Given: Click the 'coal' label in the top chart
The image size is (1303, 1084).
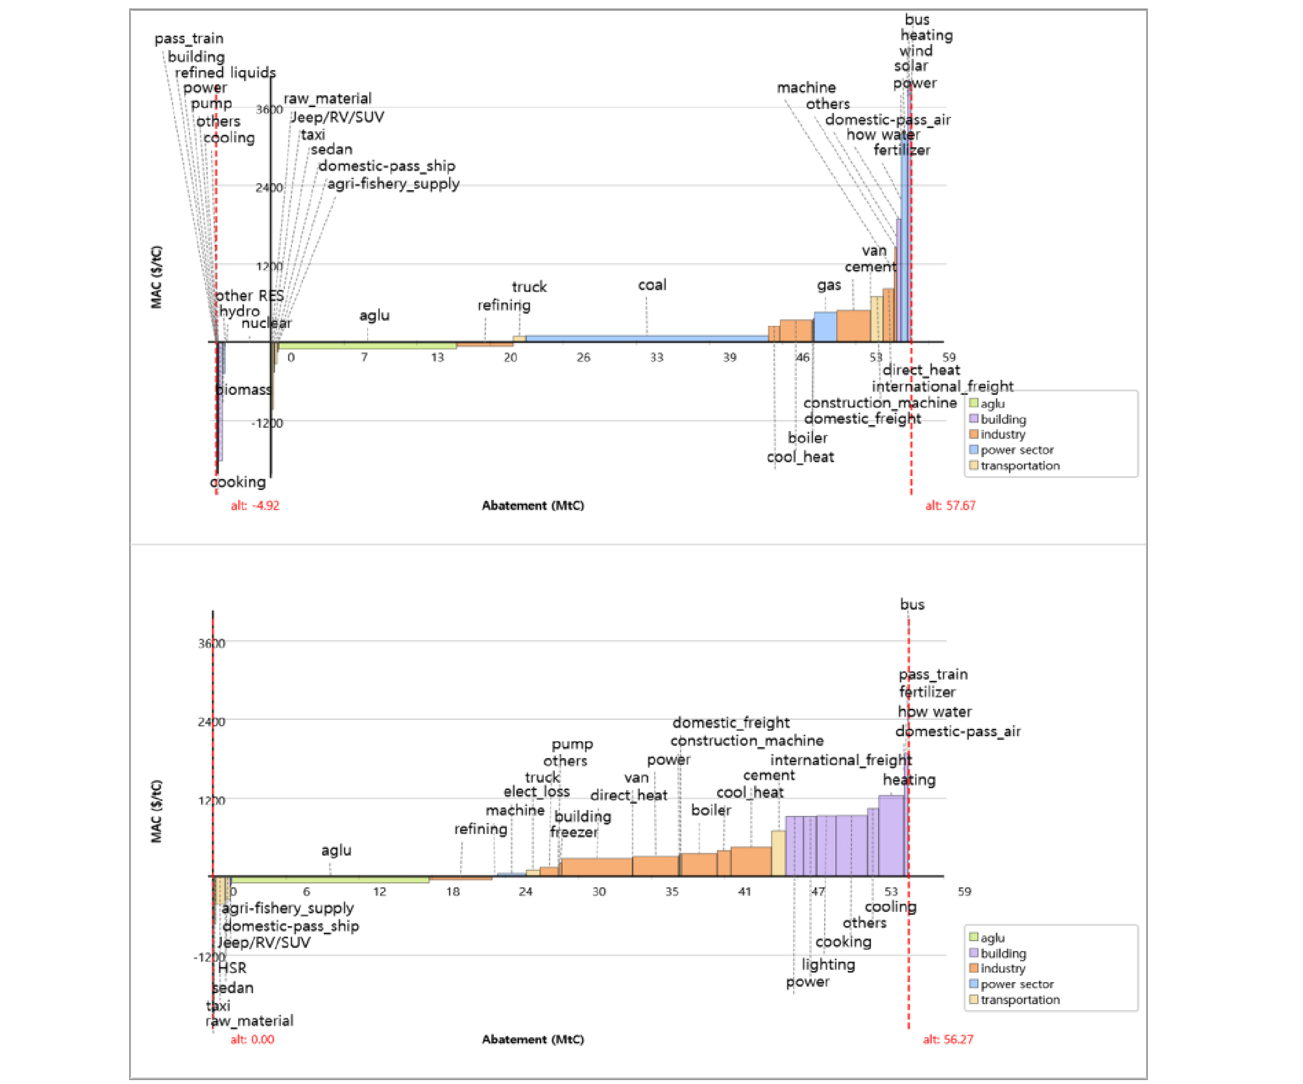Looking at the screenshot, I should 651,285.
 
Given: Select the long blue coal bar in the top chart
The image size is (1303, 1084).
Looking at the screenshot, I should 646,338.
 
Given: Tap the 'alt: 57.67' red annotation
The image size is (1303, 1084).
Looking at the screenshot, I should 950,506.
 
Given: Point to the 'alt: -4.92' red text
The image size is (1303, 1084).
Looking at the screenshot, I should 255,506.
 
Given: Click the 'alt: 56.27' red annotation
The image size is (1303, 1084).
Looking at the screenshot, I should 948,1039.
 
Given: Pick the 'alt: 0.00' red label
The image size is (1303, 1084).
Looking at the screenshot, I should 252,1039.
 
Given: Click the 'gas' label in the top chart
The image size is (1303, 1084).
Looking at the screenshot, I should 829,285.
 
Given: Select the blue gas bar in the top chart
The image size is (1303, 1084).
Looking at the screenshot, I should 825,326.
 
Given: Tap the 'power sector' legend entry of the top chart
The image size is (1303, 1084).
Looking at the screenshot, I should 1016,450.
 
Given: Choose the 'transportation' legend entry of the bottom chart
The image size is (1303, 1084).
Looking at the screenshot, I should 1019,1000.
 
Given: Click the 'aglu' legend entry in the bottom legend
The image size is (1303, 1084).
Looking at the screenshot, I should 992,938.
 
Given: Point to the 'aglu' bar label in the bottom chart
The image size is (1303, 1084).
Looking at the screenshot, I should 336,850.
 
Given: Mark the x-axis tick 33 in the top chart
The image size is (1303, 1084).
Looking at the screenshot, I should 657,357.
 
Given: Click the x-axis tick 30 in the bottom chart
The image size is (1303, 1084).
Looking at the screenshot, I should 599,892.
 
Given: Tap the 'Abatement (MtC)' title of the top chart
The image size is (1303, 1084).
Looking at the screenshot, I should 533,506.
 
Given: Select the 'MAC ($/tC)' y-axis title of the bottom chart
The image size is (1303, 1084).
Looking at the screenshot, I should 156,811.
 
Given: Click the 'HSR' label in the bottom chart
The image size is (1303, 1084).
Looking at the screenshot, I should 232,968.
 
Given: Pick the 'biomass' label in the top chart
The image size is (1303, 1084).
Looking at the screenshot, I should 243,389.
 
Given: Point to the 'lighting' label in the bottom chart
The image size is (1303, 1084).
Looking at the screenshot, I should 828,965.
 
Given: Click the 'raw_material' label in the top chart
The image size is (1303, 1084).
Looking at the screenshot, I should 328,99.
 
